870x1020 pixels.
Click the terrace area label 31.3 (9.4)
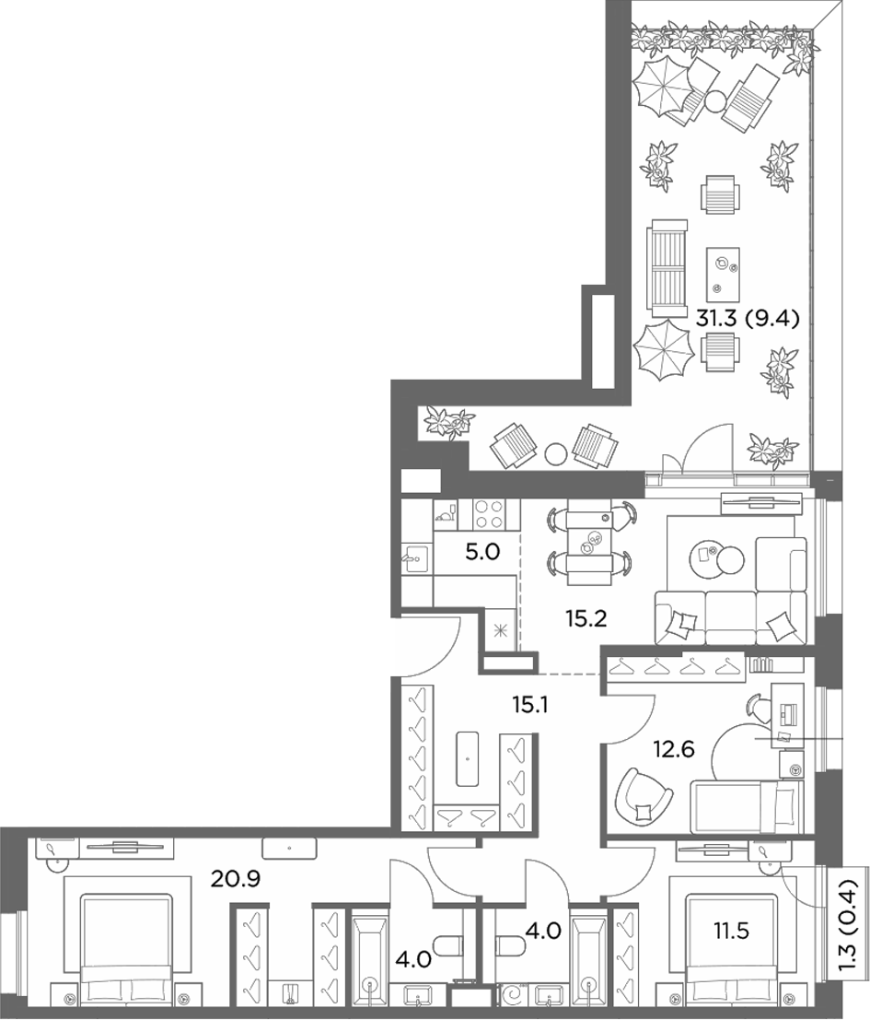point(748,319)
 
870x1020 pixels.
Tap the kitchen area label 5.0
point(482,552)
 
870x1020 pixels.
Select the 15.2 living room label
point(586,618)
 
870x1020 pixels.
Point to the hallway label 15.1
point(530,704)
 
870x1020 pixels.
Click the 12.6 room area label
point(674,749)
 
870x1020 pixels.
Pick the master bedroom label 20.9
point(235,880)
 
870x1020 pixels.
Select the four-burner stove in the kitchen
point(487,514)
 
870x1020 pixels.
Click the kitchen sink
point(416,558)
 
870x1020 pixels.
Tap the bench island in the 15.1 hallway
point(467,758)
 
